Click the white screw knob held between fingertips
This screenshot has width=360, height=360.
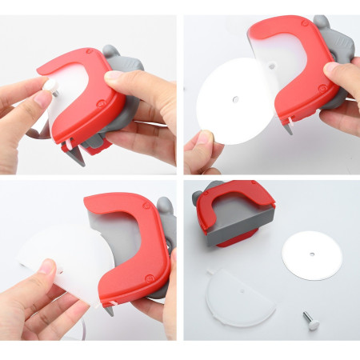tap(50, 84)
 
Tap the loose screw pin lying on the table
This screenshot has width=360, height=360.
tap(309, 320)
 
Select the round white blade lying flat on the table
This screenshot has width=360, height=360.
tap(311, 255)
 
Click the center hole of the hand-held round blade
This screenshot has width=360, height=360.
tap(234, 100)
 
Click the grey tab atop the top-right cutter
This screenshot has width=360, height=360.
tap(322, 24)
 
